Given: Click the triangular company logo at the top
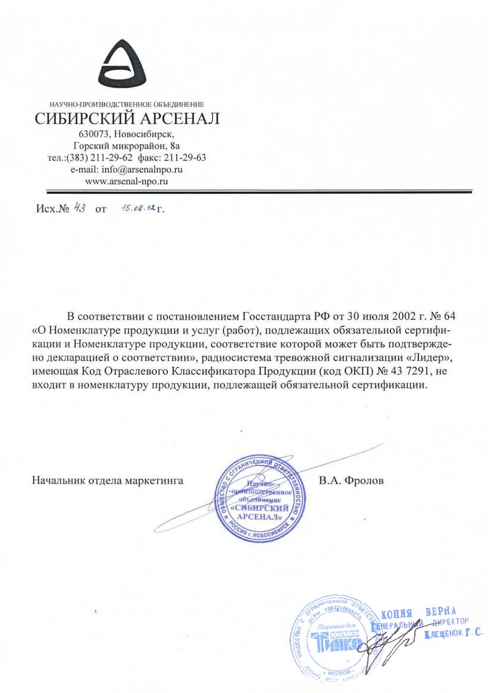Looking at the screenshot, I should point(127,59).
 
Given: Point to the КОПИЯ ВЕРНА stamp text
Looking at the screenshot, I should point(418,613).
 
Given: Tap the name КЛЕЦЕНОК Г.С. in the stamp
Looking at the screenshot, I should point(454,635).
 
